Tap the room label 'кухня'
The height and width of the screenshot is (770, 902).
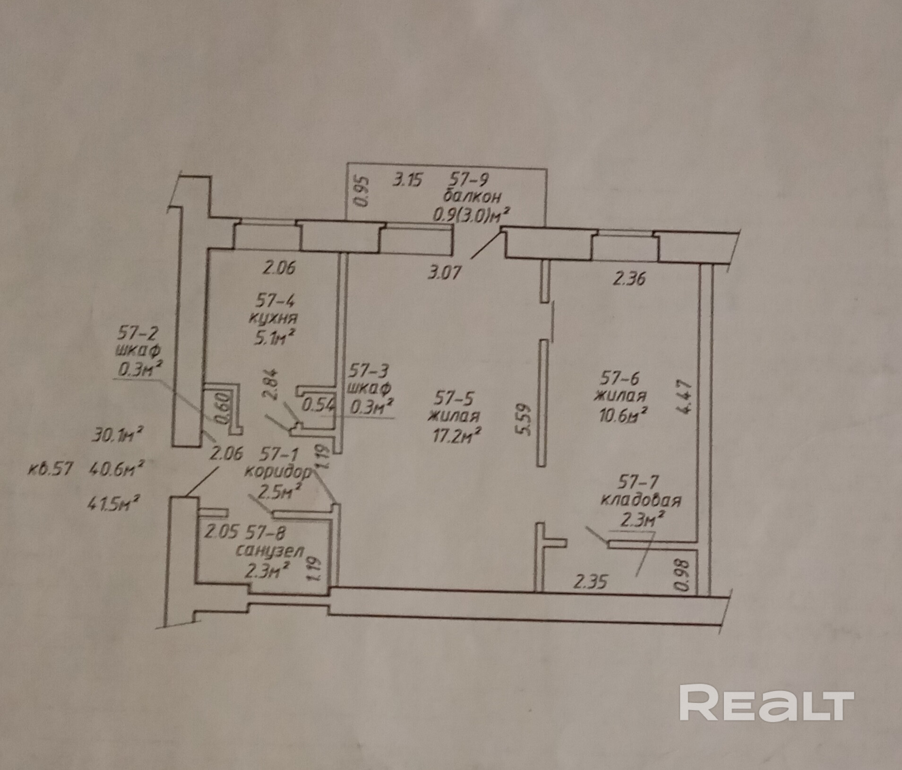click(274, 318)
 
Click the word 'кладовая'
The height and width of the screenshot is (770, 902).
click(641, 500)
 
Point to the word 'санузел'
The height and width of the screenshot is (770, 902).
click(270, 550)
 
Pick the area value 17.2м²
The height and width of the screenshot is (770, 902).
click(454, 435)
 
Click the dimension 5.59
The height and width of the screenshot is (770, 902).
click(525, 419)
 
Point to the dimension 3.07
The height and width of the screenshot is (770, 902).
click(444, 273)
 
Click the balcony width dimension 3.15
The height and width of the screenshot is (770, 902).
click(407, 180)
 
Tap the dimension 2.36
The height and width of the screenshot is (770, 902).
click(629, 279)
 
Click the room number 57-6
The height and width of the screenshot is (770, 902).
click(619, 378)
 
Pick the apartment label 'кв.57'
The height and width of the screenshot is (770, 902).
click(51, 469)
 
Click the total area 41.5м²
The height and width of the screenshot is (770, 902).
click(113, 504)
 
